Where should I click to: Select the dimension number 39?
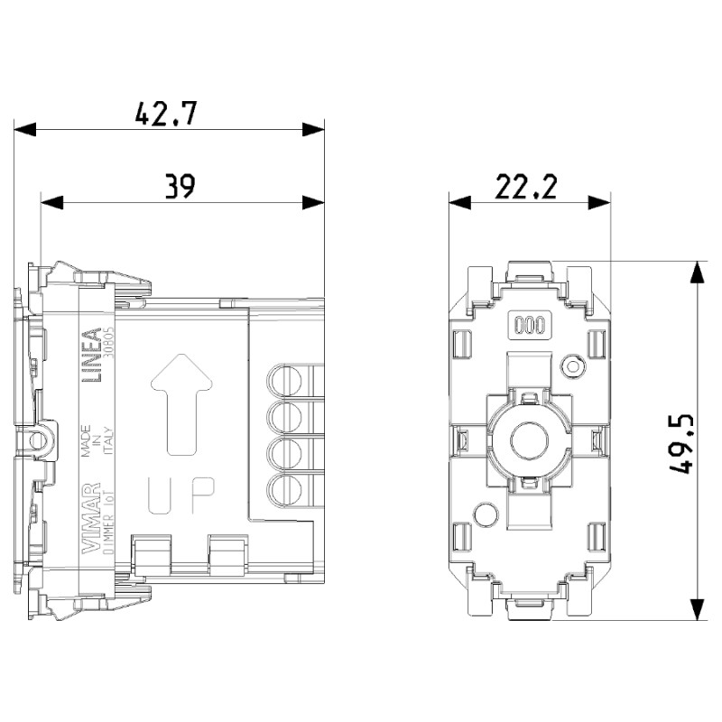point(180,187)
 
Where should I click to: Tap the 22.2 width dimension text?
point(527,187)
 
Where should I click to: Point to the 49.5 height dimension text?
point(683,443)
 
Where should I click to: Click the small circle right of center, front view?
point(570,366)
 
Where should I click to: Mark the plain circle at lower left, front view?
point(485,515)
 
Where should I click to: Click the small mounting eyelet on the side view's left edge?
point(36,440)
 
